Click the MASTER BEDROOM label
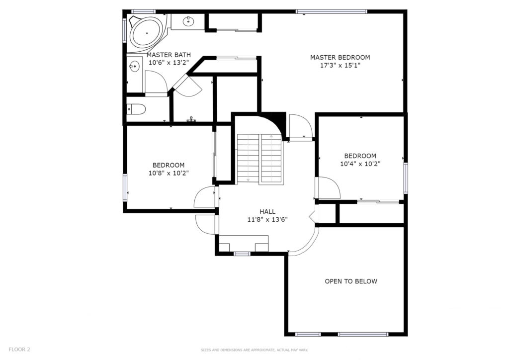340,58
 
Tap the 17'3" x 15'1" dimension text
340,66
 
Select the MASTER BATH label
169,55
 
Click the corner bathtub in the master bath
147,33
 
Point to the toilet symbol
136,109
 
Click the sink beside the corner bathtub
188,21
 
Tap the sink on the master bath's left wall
134,67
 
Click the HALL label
267,212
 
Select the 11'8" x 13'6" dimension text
267,220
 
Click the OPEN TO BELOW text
351,281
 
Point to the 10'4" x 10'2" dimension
360,164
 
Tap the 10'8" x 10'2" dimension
169,174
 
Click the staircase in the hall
259,159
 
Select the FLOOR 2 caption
19,350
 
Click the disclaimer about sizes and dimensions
254,350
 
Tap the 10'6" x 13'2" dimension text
169,63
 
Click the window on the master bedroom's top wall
332,12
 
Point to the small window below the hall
242,254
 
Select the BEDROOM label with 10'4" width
360,156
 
